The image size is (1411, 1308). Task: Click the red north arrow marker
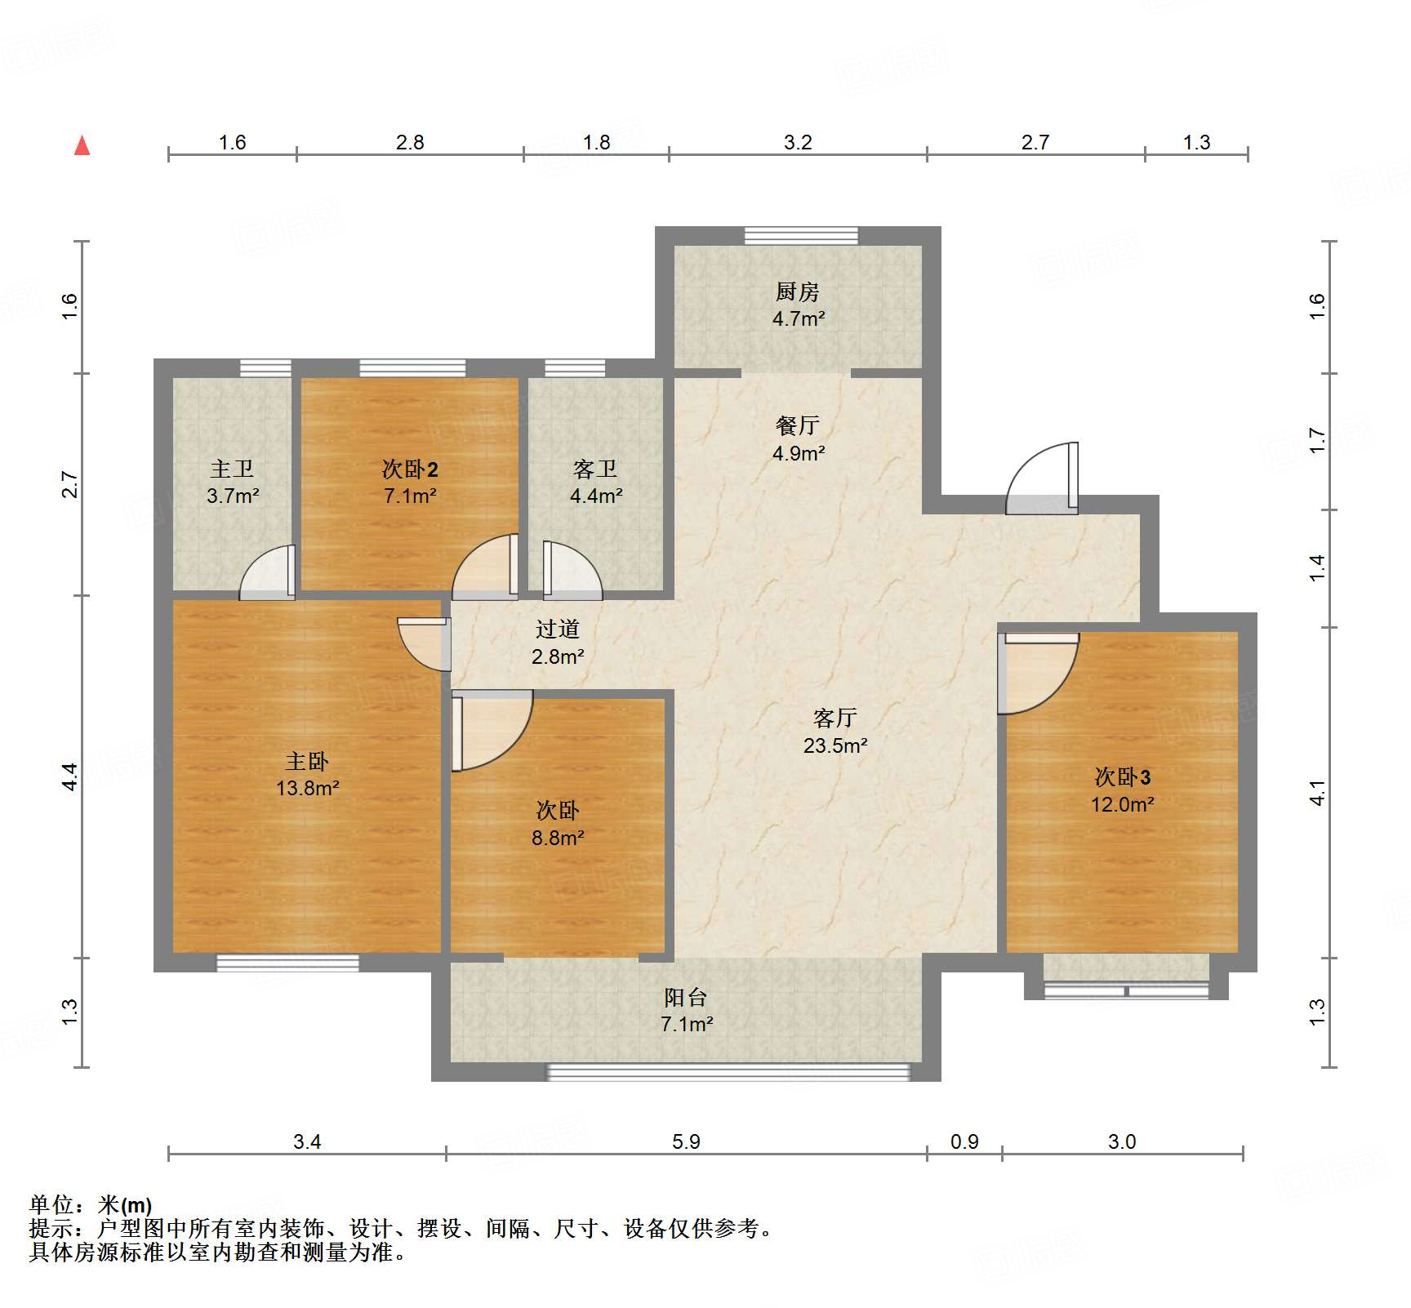[82, 146]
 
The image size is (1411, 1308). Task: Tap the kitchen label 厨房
[797, 291]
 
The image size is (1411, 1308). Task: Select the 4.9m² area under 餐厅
[799, 453]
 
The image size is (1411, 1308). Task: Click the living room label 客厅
[835, 718]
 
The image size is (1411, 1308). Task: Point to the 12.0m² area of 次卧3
[1122, 804]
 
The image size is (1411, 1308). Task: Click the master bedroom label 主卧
[307, 761]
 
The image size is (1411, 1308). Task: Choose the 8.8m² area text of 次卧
[558, 838]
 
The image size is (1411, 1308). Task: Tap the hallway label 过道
[558, 629]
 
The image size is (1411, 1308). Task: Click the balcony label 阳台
[685, 997]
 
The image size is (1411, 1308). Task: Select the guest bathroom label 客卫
[595, 469]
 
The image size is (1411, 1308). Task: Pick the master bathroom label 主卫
[232, 469]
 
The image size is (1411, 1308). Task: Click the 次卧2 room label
[410, 469]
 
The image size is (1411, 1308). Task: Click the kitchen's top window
[801, 235]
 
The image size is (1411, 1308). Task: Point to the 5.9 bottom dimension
[686, 1141]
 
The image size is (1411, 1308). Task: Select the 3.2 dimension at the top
[798, 142]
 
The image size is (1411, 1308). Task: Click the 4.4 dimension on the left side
[70, 776]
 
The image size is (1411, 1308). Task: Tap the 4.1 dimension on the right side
[1317, 792]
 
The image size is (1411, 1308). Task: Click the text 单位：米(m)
[91, 1204]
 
